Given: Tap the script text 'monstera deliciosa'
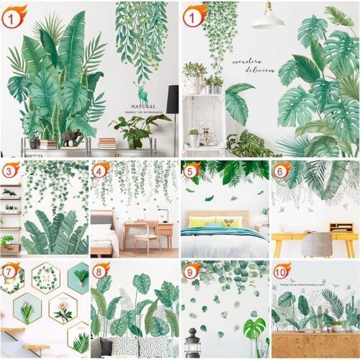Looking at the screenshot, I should point(253,66).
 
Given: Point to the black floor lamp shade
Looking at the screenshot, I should point(173,99).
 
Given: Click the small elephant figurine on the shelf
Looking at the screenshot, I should point(70,138).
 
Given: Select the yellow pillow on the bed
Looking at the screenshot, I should point(197,222).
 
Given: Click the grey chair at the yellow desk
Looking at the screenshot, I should point(316,245).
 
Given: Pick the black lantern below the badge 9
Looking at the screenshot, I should point(192,343).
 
